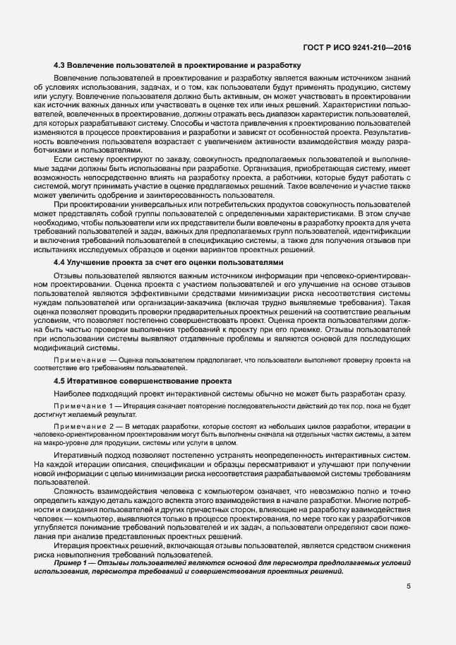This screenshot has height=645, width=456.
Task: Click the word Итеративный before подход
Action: click(79, 456)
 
